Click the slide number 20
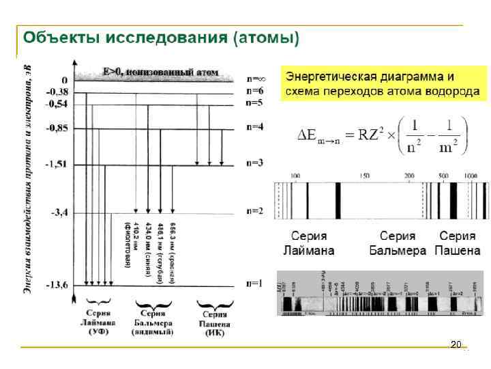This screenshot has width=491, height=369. point(456,344)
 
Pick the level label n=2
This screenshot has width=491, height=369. point(254,211)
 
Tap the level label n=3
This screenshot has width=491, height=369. point(254,163)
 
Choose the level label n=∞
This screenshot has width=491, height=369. point(256,79)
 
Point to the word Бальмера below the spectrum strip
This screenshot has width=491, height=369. point(398,250)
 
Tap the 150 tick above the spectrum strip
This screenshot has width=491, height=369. point(364,176)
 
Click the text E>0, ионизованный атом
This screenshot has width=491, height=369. point(160,70)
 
